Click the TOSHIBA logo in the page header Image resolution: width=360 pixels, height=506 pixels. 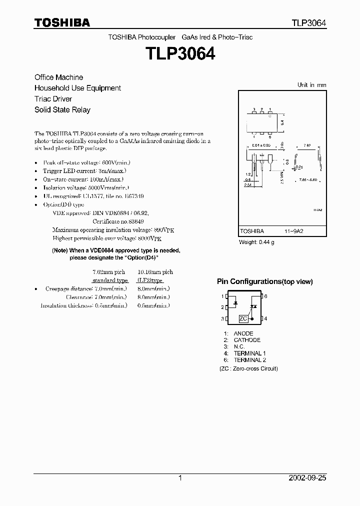pos(62,22)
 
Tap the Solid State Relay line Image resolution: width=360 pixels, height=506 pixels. pos(62,110)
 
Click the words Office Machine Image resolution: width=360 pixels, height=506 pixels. pos(58,77)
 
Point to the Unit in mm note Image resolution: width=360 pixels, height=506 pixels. pos(311,85)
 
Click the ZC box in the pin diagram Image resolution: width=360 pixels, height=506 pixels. pos(243,318)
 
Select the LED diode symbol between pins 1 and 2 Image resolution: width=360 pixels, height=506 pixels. pos(233,303)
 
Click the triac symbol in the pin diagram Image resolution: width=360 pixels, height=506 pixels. pos(253,306)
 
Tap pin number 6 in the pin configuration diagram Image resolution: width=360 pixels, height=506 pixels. pos(265,296)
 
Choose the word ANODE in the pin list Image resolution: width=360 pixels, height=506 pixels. pos(243,333)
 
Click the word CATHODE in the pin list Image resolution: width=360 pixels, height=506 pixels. pos(247,340)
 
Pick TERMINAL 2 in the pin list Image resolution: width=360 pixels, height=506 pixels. pos(250,360)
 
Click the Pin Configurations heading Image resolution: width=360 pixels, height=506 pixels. pos(264,282)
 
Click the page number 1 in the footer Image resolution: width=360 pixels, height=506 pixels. pos(180,478)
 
